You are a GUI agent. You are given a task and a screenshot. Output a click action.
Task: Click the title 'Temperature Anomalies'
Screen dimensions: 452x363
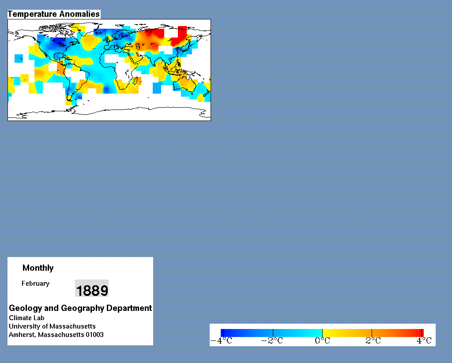53,14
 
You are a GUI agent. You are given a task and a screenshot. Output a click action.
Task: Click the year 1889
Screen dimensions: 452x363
92,290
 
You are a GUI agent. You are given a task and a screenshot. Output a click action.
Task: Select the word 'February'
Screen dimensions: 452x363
35,284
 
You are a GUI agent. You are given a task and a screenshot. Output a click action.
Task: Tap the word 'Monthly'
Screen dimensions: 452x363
38,268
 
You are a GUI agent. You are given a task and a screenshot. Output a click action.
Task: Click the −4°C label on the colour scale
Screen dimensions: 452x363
221,341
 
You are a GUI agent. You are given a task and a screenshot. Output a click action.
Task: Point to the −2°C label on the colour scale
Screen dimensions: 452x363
272,341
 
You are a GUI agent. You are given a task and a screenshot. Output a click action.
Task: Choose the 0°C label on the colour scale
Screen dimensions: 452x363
322,341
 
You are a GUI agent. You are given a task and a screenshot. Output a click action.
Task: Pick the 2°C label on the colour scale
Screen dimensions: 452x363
373,341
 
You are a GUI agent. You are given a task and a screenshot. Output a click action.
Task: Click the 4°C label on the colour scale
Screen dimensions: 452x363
424,341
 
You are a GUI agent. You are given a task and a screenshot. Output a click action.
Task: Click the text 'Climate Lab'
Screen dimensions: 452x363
26,318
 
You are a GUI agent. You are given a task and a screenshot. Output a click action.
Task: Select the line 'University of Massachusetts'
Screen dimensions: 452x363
52,326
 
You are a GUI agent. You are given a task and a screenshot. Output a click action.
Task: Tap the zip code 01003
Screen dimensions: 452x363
94,335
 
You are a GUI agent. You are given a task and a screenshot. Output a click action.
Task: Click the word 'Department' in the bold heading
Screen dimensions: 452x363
129,308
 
